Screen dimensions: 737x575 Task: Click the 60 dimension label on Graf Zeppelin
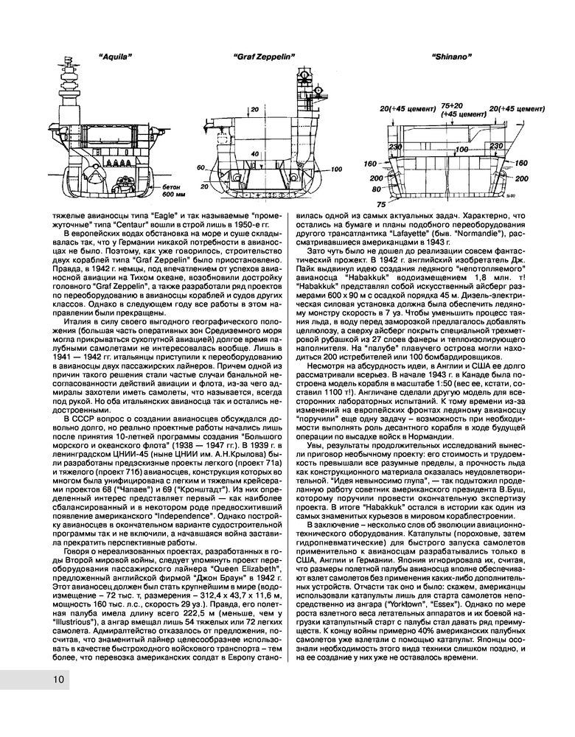(200, 167)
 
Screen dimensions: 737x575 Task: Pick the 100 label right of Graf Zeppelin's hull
(337, 170)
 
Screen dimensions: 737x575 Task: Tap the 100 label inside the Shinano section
(462, 150)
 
